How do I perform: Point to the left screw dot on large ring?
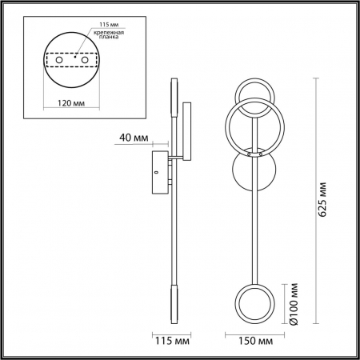[249, 151]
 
